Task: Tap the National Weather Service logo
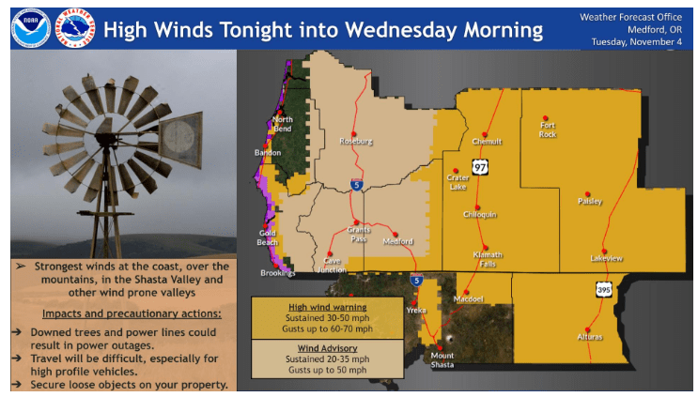pos(75,28)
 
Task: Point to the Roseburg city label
pos(356,141)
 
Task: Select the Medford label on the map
pos(397,241)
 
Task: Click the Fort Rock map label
pos(548,130)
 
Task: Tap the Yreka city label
pos(416,309)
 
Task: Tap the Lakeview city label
pos(606,258)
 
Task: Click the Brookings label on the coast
pos(278,273)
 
